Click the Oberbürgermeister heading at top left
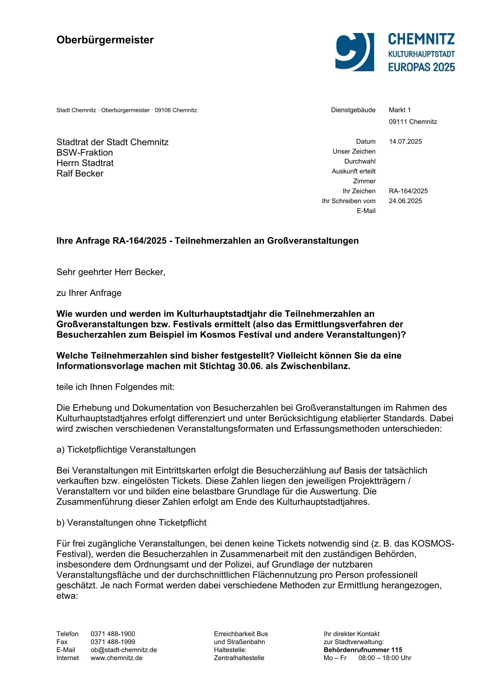pos(105,40)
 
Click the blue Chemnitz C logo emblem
pos(354,52)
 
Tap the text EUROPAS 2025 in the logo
pos(421,67)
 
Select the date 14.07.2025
pos(405,142)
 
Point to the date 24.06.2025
pos(405,201)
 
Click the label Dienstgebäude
pos(353,110)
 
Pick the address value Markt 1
pos(399,110)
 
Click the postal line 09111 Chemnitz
pos(413,122)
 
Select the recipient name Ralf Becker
pos(80,174)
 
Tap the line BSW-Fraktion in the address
pos(85,153)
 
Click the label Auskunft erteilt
pos(353,171)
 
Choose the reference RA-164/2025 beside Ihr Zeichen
pos(408,191)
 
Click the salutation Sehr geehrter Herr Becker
pos(111,272)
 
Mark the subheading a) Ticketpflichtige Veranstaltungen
pos(126,449)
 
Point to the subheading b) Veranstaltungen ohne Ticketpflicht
pos(131,523)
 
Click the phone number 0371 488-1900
pos(113,634)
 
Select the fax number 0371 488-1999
pos(113,642)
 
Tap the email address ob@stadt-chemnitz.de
pos(124,650)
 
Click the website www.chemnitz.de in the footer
pos(117,658)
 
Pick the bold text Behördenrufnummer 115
pos(362,650)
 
